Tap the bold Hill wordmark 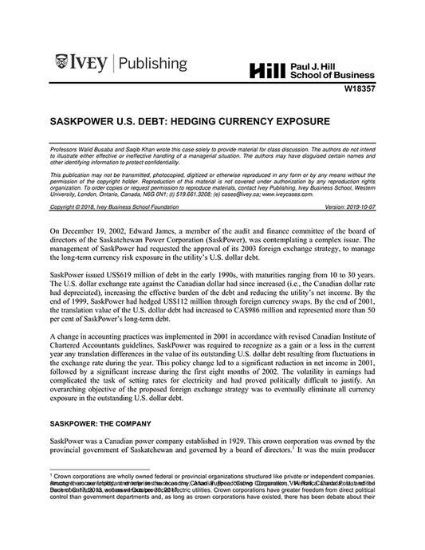pyautogui.click(x=268, y=70)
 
